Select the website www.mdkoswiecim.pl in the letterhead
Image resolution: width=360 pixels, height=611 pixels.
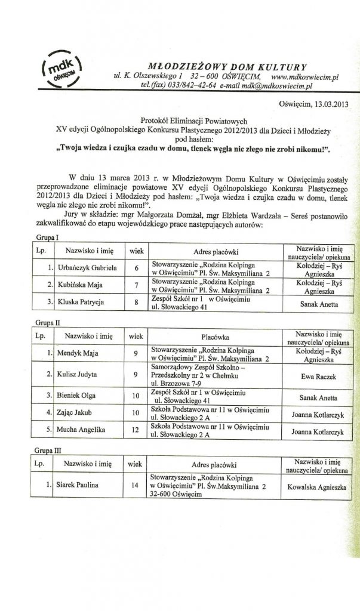tap(304, 77)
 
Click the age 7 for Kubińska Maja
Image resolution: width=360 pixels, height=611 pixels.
tap(136, 285)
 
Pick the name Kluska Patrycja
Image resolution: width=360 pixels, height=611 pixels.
tap(81, 303)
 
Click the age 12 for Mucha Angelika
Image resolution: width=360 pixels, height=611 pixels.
tap(136, 430)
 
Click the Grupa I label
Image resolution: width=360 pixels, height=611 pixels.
tap(40, 238)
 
